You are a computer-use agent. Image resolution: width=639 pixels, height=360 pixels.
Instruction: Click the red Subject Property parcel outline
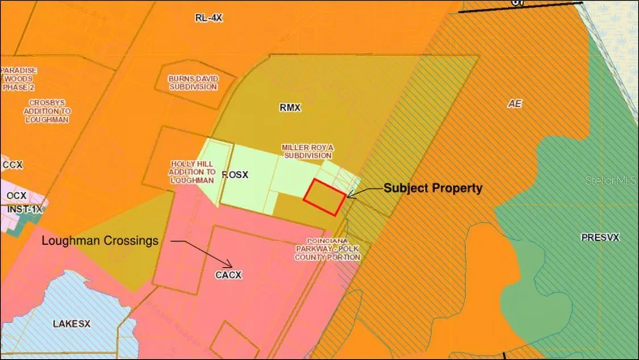coord(324,197)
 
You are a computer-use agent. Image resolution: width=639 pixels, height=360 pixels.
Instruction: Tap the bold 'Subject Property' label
coord(433,188)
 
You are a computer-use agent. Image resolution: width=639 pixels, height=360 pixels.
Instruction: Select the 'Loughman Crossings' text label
coord(100,241)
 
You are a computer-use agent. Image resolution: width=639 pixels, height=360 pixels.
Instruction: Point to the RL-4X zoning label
coord(208,18)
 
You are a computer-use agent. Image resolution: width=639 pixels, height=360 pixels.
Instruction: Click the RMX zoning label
coord(290,107)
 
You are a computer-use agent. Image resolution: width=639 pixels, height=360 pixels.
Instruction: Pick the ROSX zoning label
coord(235,175)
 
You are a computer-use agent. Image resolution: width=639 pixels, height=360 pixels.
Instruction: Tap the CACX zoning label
coord(229,275)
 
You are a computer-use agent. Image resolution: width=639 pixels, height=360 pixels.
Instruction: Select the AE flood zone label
coord(515,104)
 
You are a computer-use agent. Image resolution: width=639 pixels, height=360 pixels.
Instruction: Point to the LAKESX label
coord(72,324)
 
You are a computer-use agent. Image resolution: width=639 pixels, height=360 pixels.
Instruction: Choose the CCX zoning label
coord(12,165)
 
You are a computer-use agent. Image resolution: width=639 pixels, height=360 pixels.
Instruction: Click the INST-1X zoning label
coord(24,210)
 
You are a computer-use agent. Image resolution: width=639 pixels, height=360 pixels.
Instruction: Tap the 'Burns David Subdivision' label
coord(193,83)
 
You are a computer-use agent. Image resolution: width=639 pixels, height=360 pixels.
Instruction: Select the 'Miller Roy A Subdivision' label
coord(307,152)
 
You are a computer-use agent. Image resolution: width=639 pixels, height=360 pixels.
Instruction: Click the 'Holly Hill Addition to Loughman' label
coord(193,172)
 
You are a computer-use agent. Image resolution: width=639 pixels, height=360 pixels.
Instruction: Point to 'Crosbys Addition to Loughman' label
coord(47,111)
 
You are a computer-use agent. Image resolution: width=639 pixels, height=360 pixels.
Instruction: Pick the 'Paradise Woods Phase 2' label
coord(19,78)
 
